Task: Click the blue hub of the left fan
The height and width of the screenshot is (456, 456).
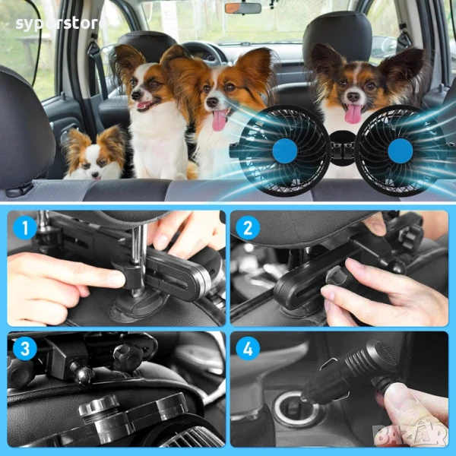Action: click(285, 150)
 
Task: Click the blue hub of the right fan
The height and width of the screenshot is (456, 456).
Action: click(401, 150)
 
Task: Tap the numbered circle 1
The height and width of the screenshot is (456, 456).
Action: click(25, 228)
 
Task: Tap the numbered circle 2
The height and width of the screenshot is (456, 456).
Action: click(248, 228)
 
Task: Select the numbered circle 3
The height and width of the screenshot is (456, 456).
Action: click(25, 348)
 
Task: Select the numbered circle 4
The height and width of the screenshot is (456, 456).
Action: click(248, 348)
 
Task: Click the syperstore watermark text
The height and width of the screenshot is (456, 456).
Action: click(59, 24)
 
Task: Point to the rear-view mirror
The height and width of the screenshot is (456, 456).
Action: click(243, 8)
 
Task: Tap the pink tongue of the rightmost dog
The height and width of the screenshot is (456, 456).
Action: click(353, 114)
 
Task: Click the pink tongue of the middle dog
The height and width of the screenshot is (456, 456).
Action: click(219, 120)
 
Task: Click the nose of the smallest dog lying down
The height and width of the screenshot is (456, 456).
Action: click(95, 175)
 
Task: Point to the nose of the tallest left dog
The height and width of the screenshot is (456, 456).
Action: click(136, 95)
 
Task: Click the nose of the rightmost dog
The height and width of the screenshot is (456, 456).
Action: click(353, 97)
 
